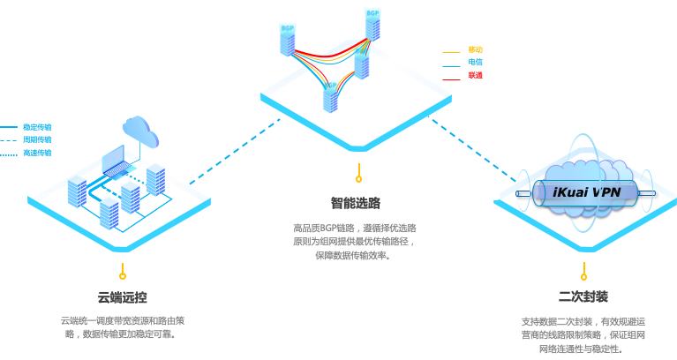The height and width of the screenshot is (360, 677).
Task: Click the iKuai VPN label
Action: click(x=586, y=192)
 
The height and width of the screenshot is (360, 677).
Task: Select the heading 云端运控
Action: click(x=123, y=297)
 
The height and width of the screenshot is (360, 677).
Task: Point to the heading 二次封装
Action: click(x=583, y=296)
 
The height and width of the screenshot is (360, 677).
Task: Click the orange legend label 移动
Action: click(x=475, y=49)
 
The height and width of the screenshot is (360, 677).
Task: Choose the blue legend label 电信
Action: click(x=475, y=63)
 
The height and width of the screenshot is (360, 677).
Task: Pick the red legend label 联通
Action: click(x=475, y=76)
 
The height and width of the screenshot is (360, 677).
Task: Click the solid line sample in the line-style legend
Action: click(x=9, y=127)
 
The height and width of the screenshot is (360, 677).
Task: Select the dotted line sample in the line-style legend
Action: click(x=9, y=154)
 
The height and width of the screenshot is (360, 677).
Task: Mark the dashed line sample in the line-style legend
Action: click(x=9, y=140)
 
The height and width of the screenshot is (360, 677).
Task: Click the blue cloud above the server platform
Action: click(x=141, y=131)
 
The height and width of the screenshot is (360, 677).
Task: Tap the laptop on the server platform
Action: click(x=114, y=162)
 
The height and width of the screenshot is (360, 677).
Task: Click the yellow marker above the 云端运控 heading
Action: click(x=123, y=276)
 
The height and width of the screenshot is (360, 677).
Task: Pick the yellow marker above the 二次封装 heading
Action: click(x=583, y=276)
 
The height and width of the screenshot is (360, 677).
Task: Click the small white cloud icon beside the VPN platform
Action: click(x=492, y=195)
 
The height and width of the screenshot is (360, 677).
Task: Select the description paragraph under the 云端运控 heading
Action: click(x=123, y=327)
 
